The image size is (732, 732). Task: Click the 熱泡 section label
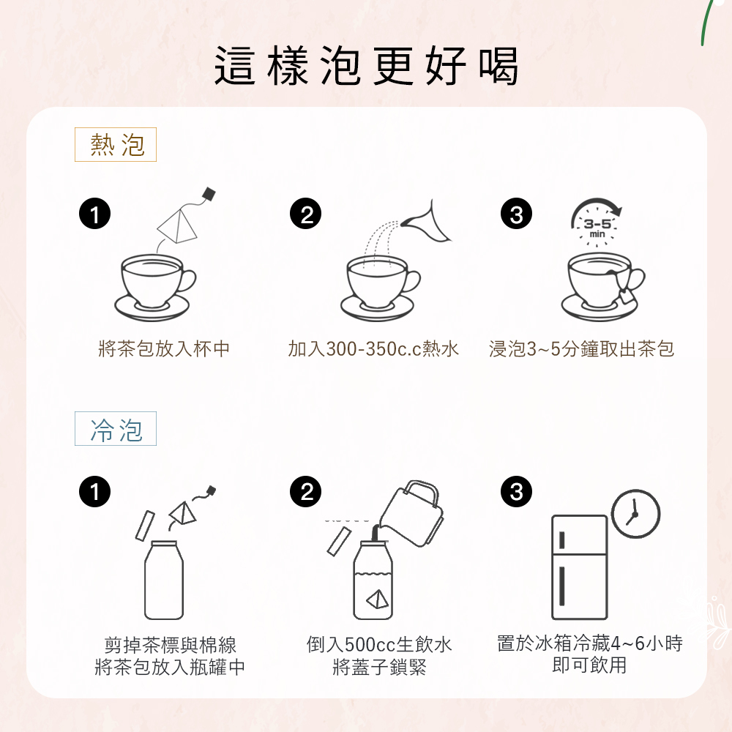[x=116, y=144]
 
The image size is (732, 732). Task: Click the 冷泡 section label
[x=116, y=428]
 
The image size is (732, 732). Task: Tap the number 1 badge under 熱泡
[x=94, y=214]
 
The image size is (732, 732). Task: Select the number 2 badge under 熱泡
[x=306, y=214]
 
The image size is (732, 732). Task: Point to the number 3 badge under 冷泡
[x=516, y=492]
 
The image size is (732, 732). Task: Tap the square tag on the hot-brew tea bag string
[x=209, y=194]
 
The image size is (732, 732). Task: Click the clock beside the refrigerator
[x=635, y=514]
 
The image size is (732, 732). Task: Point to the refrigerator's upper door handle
[x=561, y=540]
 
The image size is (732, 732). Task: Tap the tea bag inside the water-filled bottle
[x=377, y=599]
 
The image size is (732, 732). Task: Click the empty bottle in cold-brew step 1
[x=164, y=580]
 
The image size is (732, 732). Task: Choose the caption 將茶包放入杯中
[x=164, y=348]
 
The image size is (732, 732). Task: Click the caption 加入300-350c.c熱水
[x=373, y=348]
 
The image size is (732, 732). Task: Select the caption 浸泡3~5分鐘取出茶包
[x=582, y=348]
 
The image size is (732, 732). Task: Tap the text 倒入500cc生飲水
[x=379, y=645]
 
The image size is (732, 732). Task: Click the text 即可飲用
[x=589, y=665]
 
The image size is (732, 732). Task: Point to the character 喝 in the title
[x=498, y=66]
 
